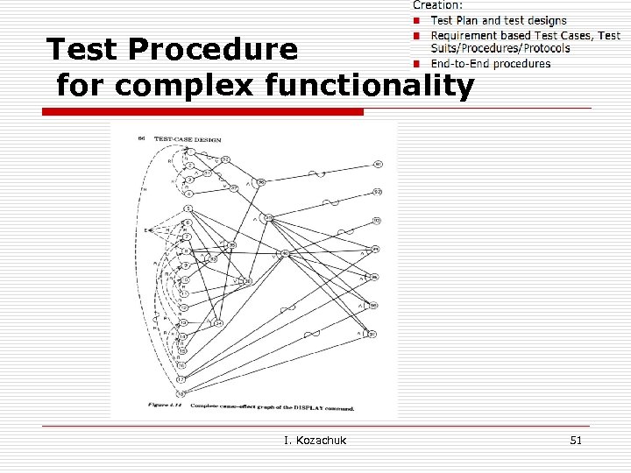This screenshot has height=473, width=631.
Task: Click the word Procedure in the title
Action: point(214,50)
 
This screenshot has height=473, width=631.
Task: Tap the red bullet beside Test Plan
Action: point(419,20)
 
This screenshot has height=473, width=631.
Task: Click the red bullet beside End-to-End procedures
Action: point(419,63)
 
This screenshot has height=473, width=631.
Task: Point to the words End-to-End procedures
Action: point(491,63)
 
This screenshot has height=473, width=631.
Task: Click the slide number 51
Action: point(575,441)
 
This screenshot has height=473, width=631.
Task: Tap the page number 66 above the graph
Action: point(142,139)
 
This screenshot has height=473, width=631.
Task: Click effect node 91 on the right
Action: point(377,163)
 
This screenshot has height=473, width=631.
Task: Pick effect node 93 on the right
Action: point(376,221)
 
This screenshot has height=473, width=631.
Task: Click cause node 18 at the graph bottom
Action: point(180,391)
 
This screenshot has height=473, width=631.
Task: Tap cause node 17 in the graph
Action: point(181,378)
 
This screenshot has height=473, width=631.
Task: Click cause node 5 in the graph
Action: point(188,208)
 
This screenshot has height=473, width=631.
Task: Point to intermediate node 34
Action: point(218,323)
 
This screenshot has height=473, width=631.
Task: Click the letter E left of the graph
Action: point(145,229)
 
